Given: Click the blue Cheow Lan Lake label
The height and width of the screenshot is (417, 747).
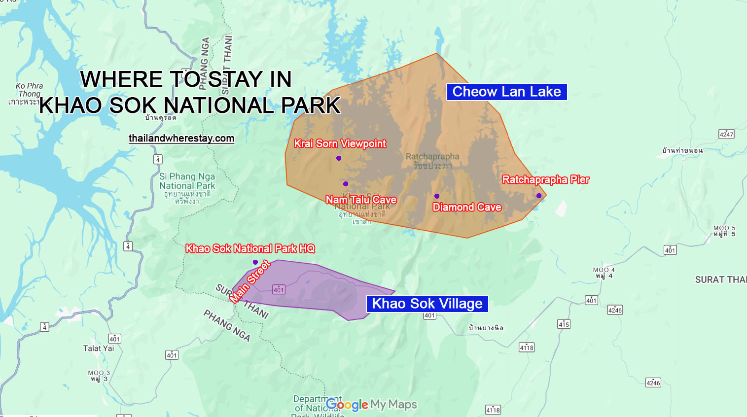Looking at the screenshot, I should click(x=506, y=92).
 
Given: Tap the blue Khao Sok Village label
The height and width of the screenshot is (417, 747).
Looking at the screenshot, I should click(x=427, y=304).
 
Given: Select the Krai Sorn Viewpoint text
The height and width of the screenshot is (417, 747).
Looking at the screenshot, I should click(x=340, y=144).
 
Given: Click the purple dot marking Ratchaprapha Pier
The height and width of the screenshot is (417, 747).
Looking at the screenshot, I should click(x=539, y=196).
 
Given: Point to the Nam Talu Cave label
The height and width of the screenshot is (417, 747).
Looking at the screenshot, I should click(x=361, y=200).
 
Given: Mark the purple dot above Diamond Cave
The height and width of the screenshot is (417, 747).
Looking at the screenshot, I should click(x=437, y=196).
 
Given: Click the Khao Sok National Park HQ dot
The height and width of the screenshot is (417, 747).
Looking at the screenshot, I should click(x=255, y=262).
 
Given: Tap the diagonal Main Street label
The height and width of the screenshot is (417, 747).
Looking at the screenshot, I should click(x=250, y=281).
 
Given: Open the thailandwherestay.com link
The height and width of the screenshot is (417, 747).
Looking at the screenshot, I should click(x=181, y=139).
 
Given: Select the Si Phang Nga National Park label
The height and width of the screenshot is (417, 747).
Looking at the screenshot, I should click(x=187, y=181).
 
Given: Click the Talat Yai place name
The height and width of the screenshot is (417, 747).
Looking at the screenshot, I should click(x=98, y=348).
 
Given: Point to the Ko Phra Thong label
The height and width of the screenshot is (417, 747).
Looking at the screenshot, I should click(x=29, y=90).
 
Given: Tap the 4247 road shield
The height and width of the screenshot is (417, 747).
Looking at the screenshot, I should click(x=726, y=134).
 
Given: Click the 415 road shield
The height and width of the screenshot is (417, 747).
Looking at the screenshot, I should click(x=564, y=324).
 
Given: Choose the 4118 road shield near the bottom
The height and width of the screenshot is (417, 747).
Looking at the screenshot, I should click(x=493, y=410).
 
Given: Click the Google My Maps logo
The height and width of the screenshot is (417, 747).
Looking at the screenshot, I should click(x=371, y=405).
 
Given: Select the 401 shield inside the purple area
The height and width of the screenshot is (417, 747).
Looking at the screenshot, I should click(x=279, y=290).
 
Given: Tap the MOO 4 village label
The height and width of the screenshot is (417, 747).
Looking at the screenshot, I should click(x=604, y=273).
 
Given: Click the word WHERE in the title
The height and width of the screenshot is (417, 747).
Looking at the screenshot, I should click(x=121, y=79).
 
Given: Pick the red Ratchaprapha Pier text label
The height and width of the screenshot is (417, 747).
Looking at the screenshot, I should click(x=545, y=180).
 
